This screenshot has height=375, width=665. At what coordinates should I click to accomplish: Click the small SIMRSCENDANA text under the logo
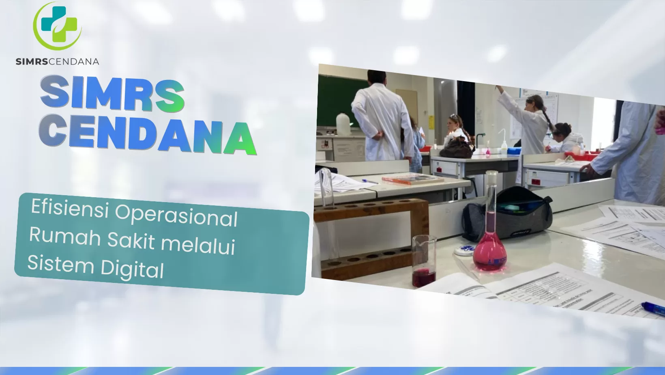pos(57,62)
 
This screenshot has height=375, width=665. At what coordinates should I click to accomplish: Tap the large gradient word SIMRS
pos(112,94)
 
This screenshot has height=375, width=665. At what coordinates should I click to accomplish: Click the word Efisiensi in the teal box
pos(70,208)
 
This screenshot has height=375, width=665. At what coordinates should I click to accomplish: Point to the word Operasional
pos(176,216)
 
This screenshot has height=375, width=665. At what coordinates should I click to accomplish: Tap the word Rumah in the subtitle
pos(65,236)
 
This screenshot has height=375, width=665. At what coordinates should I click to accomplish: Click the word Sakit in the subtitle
pos(131,240)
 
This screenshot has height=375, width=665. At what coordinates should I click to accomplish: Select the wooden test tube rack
pos(371,239)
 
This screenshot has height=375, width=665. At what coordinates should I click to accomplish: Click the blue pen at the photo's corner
pos(653,308)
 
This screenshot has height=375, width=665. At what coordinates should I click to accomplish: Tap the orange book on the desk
pos(412,179)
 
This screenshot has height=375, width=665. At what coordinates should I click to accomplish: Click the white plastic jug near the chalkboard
pos(343,124)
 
